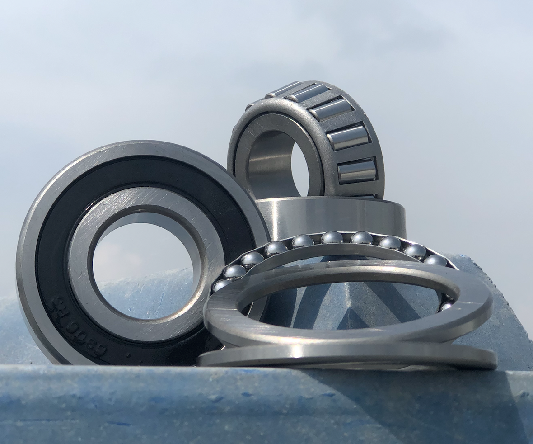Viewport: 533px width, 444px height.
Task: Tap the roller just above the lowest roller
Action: tap(348, 138)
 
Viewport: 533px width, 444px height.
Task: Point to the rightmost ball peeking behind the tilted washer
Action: tap(446, 306)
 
